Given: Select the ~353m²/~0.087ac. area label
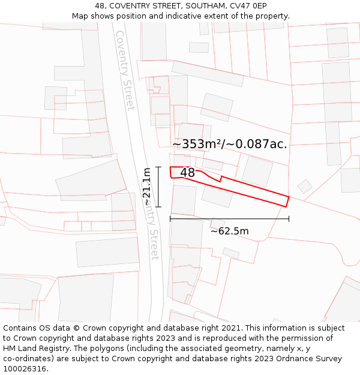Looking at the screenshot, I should pos(230,144).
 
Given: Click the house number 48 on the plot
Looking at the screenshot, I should pos(187,173).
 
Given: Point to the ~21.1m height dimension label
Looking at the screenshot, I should pos(147,187).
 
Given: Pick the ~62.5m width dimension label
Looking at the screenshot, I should pos(229,231).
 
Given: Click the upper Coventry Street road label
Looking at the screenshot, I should pos(125,70).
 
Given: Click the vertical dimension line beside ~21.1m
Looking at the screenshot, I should pos(158,187).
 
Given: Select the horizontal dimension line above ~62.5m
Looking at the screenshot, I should pos(229,219).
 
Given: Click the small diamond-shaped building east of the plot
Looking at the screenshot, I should pos(305,187).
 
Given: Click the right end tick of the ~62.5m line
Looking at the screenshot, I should pos(289,219).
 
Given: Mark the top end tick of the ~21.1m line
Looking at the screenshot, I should pos(158,167).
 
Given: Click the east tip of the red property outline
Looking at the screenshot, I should pos(289,197).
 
